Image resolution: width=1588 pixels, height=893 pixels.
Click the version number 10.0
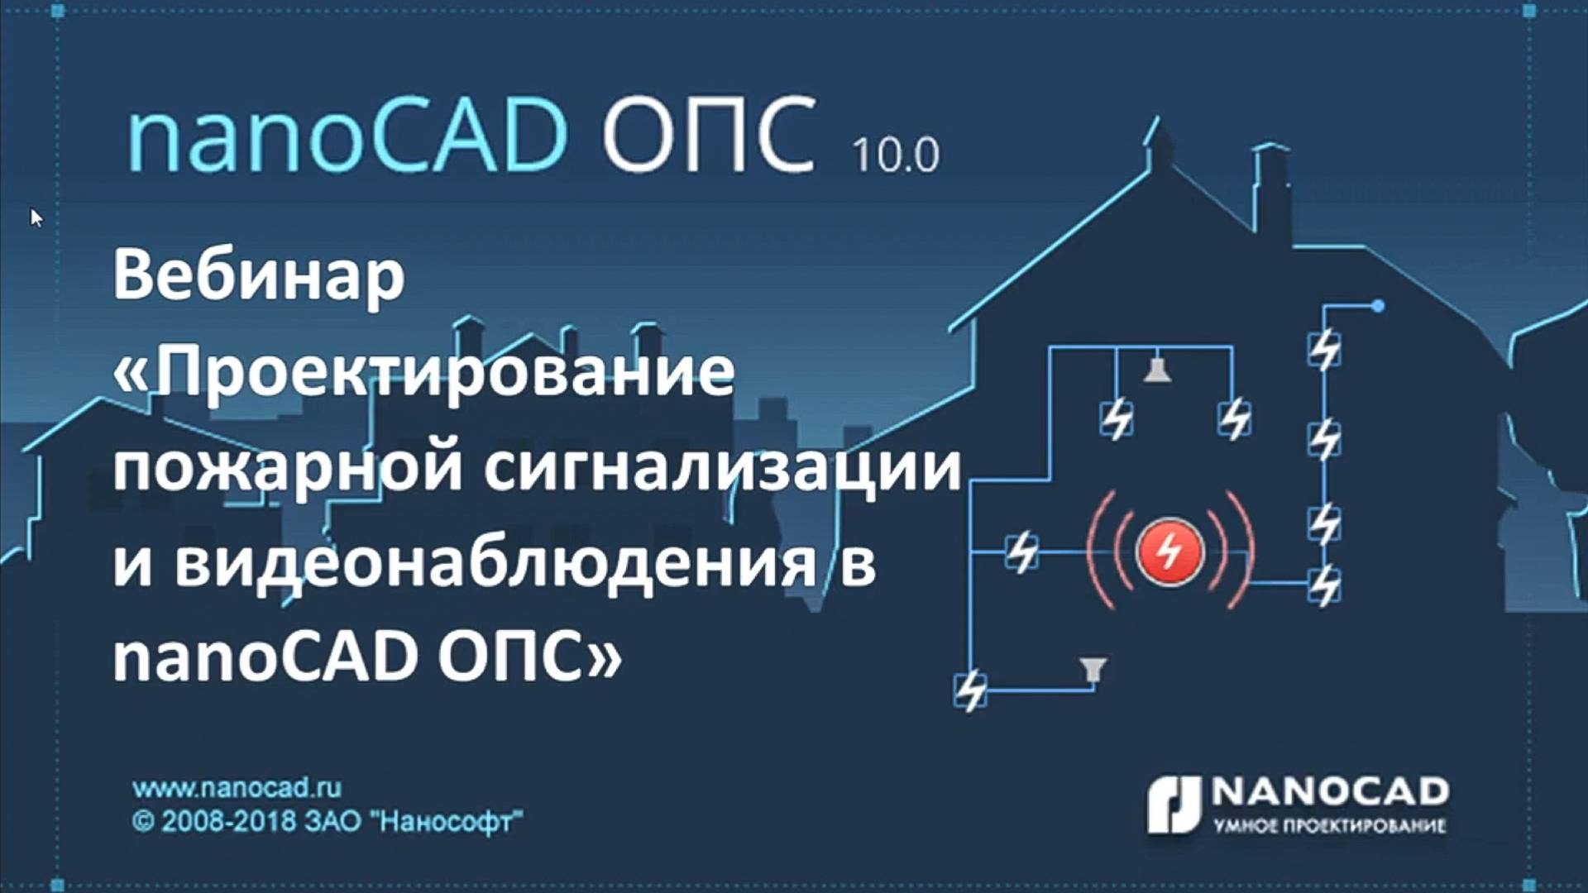896,155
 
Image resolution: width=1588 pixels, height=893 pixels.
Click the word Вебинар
259,275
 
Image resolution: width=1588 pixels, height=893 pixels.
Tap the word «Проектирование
423,371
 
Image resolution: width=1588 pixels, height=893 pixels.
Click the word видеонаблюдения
495,564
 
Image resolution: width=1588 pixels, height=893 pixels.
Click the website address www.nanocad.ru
237,787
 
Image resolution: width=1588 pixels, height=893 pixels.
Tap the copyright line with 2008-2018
327,821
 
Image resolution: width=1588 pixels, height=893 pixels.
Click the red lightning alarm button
1169,552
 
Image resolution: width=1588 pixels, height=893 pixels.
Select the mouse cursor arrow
36,217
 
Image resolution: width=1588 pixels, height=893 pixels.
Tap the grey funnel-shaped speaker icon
1093,668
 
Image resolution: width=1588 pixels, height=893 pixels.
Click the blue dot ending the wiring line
1378,306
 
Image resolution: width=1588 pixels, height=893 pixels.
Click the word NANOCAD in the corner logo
1330,791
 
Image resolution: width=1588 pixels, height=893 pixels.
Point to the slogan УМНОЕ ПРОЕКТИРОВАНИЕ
1330,825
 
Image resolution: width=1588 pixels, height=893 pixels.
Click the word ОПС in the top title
709,135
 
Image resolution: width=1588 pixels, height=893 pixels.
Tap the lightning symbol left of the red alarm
1022,552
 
